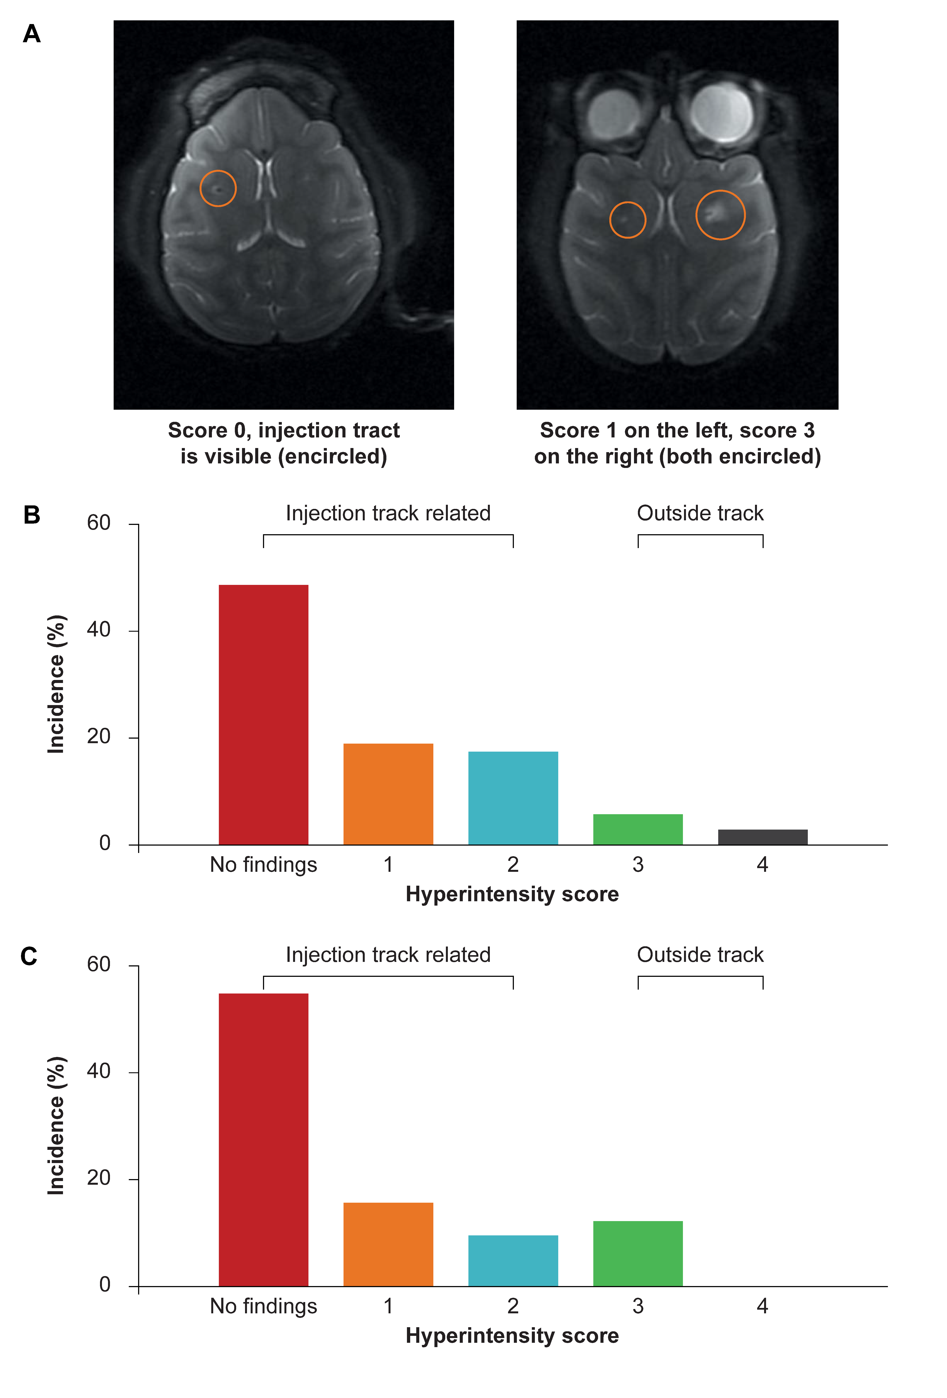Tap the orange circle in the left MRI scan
click(x=218, y=188)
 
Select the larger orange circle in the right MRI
click(x=720, y=215)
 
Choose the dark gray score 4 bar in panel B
click(x=762, y=837)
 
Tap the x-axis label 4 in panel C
click(x=762, y=1306)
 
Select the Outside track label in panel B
click(x=700, y=513)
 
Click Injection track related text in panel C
click(x=388, y=955)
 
